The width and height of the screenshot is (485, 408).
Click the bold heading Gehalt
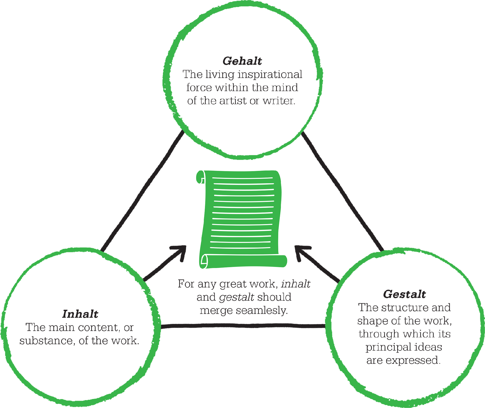coord(242,61)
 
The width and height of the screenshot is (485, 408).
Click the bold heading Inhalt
coord(80,314)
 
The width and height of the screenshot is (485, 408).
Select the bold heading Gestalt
coord(404,294)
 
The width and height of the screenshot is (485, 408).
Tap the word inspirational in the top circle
coord(270,75)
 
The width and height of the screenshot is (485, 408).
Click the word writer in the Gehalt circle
coord(279,101)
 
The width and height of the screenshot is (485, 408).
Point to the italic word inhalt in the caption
coord(296,284)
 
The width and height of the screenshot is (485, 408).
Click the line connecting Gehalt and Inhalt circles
coord(142,191)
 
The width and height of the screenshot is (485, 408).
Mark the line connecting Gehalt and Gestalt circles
coord(343,191)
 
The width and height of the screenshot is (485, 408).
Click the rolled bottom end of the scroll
coord(243,261)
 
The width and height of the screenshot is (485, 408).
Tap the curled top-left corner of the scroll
coord(201,177)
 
